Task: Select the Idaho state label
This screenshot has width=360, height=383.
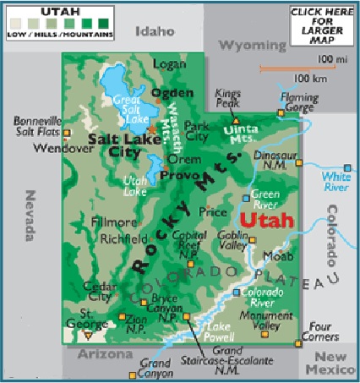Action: tap(155, 31)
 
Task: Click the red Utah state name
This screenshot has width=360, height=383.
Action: tap(266, 221)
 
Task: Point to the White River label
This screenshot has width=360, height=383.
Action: tap(335, 181)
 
